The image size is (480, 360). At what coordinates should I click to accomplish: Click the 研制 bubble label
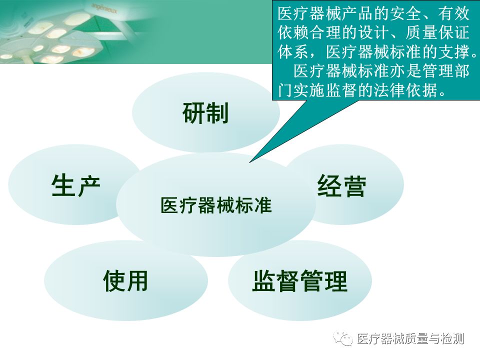coord(205,113)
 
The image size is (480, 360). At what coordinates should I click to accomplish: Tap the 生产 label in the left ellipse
coord(75,185)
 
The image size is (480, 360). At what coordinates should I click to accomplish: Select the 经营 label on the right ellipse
coord(341,186)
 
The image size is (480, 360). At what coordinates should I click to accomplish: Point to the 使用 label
coord(125,280)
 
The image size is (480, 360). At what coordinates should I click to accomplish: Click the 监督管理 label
coord(300,281)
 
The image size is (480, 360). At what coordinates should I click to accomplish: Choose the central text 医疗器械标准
coord(216,205)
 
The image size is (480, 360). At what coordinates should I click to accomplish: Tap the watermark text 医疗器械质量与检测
coord(410,339)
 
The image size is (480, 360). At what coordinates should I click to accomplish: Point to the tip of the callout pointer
coord(250,162)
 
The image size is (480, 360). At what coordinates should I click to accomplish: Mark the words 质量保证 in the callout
coord(437,33)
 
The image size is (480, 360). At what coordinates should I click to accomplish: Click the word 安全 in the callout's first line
coord(405,14)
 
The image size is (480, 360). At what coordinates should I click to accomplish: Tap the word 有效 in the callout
coord(454,14)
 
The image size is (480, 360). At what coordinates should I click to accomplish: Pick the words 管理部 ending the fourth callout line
coord(445,70)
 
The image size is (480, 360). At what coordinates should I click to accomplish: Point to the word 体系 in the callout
coord(294,51)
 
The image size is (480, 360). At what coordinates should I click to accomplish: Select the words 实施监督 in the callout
coord(325,90)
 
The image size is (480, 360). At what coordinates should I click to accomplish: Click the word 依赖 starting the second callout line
coord(294,33)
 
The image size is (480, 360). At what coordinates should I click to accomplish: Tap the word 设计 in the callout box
coord(373,33)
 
